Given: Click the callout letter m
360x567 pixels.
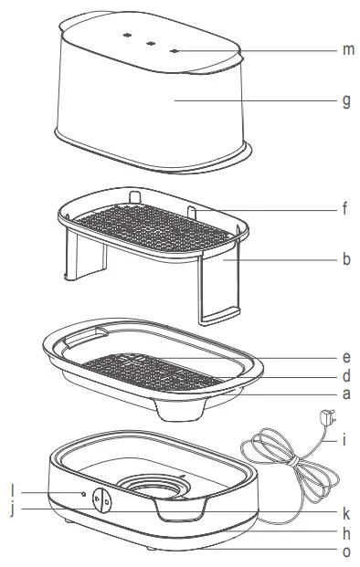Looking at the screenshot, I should pos(347,49).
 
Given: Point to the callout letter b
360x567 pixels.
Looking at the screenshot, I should pos(346,259).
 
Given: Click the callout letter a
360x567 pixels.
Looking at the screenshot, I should pos(346,395).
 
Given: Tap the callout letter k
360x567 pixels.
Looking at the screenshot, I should pos(346,511).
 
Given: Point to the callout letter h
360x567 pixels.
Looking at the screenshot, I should pos(346,532).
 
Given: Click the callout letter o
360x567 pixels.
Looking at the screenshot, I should pos(346,551).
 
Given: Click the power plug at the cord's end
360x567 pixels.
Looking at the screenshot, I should pos(323,419).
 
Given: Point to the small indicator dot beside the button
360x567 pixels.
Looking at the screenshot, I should pos(84,494).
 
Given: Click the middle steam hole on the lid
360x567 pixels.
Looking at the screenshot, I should pos(147,40).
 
